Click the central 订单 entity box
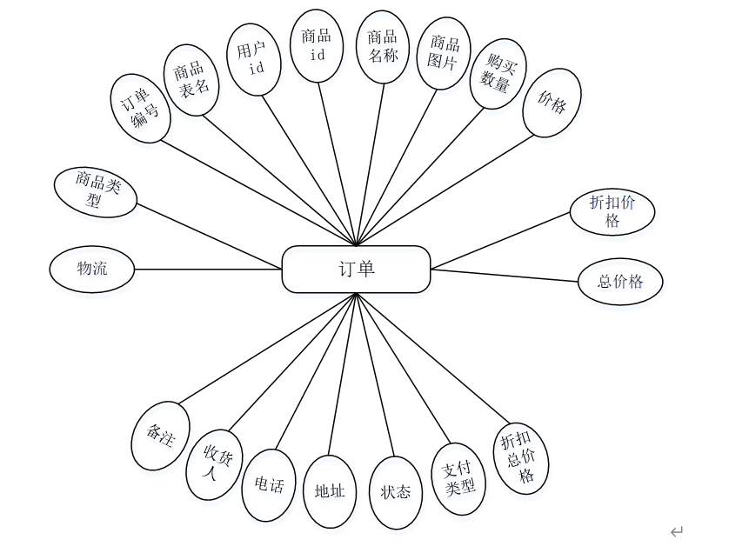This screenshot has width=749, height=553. pyautogui.click(x=356, y=269)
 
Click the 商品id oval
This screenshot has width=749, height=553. pyautogui.click(x=316, y=45)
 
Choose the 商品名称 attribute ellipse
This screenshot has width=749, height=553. pyautogui.click(x=383, y=47)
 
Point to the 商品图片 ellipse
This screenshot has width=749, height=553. pyautogui.click(x=444, y=54)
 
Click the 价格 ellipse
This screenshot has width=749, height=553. pyautogui.click(x=552, y=105)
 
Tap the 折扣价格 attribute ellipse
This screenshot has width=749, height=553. pyautogui.click(x=612, y=211)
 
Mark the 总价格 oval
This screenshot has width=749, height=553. pyautogui.click(x=620, y=282)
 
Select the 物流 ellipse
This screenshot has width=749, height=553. pyautogui.click(x=92, y=269)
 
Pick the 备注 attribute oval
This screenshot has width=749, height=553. pyautogui.click(x=160, y=436)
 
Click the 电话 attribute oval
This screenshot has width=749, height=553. pyautogui.click(x=269, y=484)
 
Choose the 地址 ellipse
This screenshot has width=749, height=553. pyautogui.click(x=330, y=491)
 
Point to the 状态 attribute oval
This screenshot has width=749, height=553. pyautogui.click(x=396, y=492)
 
